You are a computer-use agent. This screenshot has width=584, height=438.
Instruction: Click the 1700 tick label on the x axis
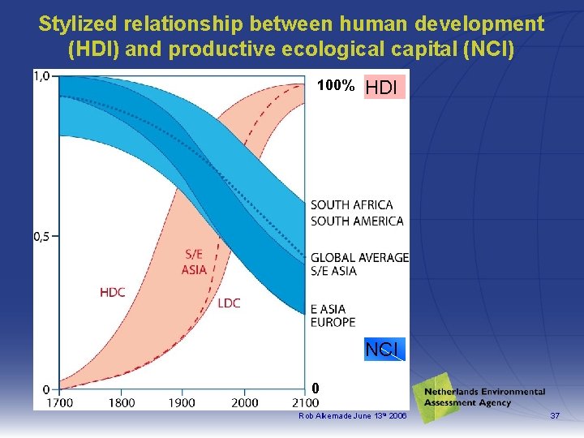58,402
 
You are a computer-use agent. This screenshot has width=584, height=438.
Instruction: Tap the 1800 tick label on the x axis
122,402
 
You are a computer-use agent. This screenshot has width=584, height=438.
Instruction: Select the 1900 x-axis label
182,402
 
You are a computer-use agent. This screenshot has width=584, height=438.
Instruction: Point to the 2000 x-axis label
244,402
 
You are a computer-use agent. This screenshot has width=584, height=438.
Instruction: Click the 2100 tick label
304,402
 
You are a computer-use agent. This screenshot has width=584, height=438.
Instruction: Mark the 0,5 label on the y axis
41,236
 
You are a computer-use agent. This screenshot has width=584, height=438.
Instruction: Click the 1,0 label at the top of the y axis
41,76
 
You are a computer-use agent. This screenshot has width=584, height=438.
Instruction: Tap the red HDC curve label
113,292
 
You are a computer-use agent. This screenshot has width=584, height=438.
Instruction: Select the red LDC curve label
229,303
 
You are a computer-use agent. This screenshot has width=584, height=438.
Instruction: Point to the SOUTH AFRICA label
351,205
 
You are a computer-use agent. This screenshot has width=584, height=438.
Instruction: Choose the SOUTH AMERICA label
356,221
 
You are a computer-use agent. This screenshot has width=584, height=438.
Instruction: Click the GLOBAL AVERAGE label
359,257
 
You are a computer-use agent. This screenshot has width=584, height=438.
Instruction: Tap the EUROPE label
333,322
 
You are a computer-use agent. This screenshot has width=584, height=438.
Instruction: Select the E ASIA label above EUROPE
328,309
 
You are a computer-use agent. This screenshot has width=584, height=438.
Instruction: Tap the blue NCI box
382,350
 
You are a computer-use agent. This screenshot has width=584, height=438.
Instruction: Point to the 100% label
335,85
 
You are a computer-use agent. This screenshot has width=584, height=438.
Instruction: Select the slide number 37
555,416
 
